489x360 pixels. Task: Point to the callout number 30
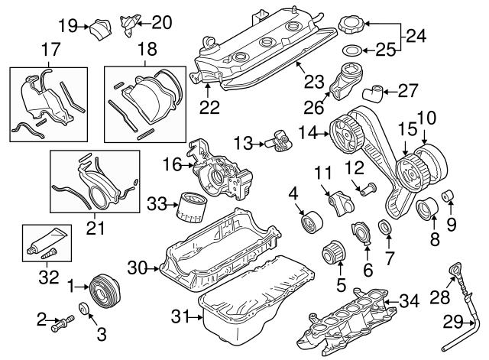point(136,268)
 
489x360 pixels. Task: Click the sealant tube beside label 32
point(42,243)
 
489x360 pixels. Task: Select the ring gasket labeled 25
point(350,51)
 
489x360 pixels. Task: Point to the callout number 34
point(410,300)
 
